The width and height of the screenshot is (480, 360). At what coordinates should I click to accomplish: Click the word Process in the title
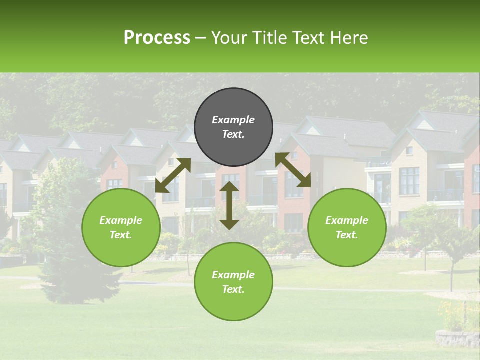pos(157,38)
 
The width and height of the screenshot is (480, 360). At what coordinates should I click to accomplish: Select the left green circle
pos(121,227)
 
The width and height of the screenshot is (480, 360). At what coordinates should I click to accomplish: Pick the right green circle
pos(347,227)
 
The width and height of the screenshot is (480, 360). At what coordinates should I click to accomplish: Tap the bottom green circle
pos(233,281)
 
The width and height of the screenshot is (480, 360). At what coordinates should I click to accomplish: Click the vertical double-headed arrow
pos(229,205)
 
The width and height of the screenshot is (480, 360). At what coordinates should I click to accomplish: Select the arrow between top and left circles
pos(173,175)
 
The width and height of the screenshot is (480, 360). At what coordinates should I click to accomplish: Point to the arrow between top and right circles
pos(293,170)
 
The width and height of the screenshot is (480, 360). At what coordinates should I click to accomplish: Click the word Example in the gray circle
pos(233,120)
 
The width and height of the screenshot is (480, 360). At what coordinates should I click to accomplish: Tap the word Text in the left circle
pos(121,235)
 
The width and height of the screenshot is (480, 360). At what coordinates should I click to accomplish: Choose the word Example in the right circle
pos(347,220)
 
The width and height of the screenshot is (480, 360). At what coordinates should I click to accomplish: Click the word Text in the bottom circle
pos(233,289)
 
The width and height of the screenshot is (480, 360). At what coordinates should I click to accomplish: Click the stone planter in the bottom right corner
pos(456,338)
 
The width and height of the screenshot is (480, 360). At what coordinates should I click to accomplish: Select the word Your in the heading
pos(226,38)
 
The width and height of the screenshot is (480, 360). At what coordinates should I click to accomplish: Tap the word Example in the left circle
pos(121,220)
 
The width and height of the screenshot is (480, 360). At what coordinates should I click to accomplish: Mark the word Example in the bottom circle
pos(233,275)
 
